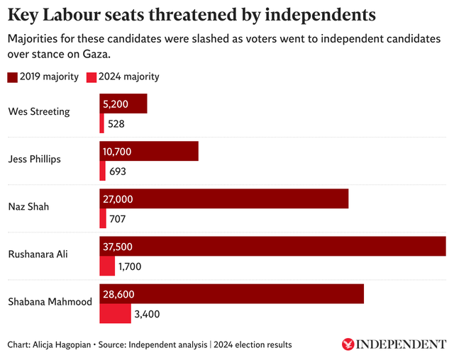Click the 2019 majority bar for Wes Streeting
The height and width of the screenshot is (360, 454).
click(123, 103)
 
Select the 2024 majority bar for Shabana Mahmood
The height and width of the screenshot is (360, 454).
click(115, 313)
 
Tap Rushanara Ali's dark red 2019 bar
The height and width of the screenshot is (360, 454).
click(272, 246)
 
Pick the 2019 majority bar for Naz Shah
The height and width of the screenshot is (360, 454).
click(224, 199)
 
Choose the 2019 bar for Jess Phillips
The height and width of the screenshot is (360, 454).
click(149, 152)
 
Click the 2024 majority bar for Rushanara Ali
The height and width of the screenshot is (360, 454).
click(107, 266)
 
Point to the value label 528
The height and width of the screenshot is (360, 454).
click(116, 124)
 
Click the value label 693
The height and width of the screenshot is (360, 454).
click(118, 171)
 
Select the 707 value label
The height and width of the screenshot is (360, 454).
click(118, 219)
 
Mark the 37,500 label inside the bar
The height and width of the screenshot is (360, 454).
click(118, 247)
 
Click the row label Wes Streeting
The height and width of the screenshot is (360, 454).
click(39, 111)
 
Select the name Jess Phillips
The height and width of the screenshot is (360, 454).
click(35, 159)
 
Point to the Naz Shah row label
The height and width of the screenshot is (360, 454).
click(28, 206)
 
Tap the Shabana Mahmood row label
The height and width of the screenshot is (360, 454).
click(50, 301)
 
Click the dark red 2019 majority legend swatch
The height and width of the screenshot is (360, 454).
click(13, 77)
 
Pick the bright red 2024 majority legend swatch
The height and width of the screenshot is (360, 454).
click(92, 77)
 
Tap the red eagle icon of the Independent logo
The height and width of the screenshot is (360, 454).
click(348, 344)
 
